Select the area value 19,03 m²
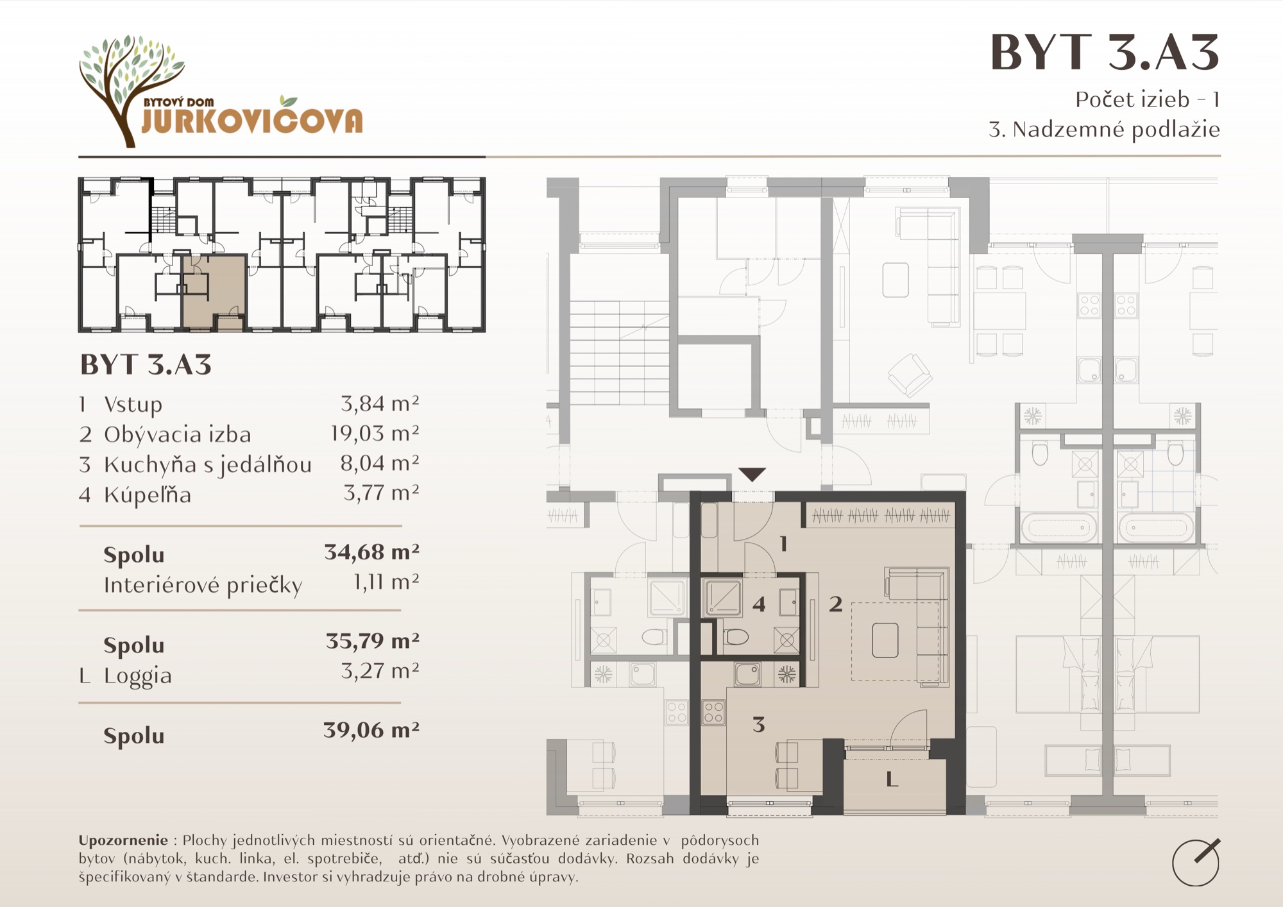click(x=375, y=434)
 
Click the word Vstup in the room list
click(x=133, y=404)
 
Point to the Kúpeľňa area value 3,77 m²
click(x=381, y=493)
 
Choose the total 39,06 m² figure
click(x=371, y=730)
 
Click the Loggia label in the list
click(x=138, y=676)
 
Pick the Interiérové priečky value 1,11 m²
click(x=386, y=582)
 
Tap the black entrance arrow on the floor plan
click(x=752, y=474)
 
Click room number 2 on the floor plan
click(x=835, y=604)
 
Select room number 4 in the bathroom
click(x=759, y=604)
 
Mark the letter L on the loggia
click(x=891, y=779)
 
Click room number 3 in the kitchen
click(x=759, y=725)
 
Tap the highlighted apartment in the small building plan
click(x=214, y=292)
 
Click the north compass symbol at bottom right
click(x=1196, y=862)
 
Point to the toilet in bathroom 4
click(x=736, y=637)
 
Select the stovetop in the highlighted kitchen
click(x=714, y=713)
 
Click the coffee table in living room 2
click(x=885, y=640)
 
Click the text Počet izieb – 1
click(x=1148, y=99)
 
